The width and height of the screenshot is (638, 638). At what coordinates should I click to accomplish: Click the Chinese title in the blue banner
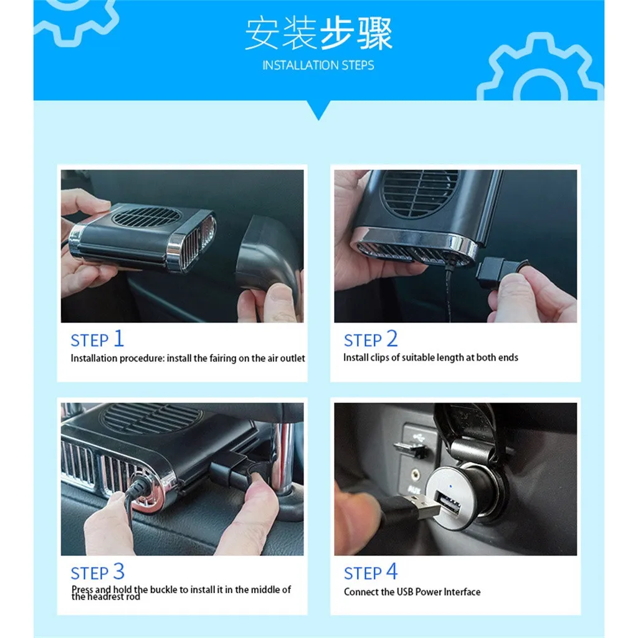pos(318,33)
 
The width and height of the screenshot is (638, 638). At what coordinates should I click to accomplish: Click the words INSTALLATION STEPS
pos(318,65)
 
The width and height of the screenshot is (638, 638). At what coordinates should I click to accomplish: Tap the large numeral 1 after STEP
pos(118,338)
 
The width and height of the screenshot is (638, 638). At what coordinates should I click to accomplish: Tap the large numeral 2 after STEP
pos(392,338)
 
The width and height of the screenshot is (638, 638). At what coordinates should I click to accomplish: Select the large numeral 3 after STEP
pos(119,571)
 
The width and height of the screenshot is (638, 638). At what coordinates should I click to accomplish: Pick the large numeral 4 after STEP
pos(392,571)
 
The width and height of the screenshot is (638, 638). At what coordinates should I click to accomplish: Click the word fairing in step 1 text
pos(222,358)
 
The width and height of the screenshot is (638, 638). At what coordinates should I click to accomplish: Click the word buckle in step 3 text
pos(164,589)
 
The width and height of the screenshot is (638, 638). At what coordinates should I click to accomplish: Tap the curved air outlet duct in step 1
pos(269,255)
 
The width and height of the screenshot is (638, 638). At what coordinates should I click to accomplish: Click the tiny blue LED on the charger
pos(450,486)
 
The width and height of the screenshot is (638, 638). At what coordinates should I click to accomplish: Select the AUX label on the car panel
pos(414,490)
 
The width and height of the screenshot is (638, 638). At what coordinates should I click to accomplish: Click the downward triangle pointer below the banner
pos(318,110)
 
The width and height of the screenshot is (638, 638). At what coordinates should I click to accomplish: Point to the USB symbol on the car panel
pos(417,437)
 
